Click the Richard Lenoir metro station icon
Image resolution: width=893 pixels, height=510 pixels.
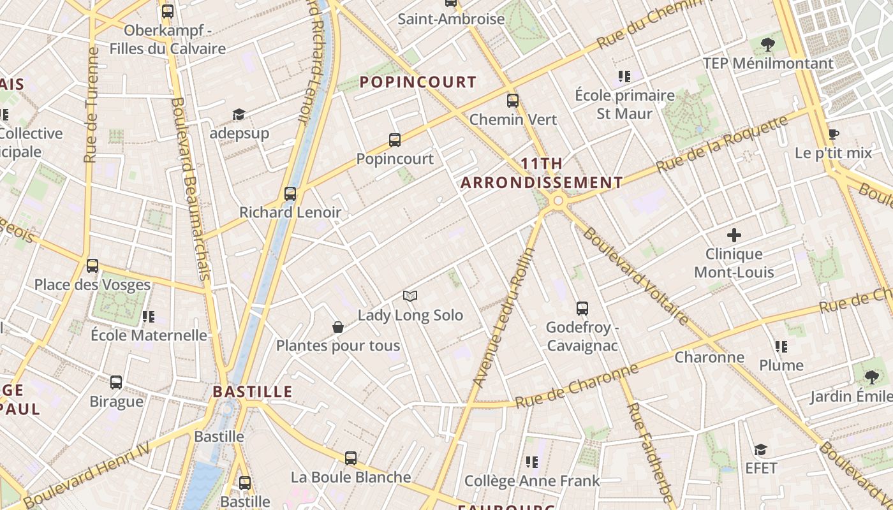point(290,193)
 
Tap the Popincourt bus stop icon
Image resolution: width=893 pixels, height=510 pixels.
point(395,140)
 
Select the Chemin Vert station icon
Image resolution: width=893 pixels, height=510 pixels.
point(513,101)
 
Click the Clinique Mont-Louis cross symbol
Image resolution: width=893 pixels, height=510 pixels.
point(734,235)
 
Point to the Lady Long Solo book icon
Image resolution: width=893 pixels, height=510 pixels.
point(410,296)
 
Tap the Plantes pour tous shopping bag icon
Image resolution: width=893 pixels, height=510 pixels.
point(338,327)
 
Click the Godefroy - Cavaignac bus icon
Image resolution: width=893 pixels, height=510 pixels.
point(582,309)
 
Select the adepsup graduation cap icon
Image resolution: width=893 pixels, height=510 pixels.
point(239,114)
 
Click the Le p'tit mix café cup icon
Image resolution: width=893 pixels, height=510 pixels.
point(833,134)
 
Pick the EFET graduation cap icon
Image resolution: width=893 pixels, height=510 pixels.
point(760,449)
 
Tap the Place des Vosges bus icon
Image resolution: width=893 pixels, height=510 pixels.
point(92,266)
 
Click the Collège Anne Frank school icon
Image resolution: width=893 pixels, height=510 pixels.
point(532,462)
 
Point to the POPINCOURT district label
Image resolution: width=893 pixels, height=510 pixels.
point(418,82)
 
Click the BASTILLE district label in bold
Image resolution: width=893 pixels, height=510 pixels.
point(253,391)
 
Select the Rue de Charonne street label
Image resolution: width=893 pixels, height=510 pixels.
point(576,385)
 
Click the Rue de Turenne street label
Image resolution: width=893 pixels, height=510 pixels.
point(91,105)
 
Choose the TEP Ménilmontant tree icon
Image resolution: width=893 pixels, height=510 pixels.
point(768,44)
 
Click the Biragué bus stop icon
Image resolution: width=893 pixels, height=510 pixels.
point(116,382)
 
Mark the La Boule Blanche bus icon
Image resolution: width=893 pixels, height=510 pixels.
point(351,458)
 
